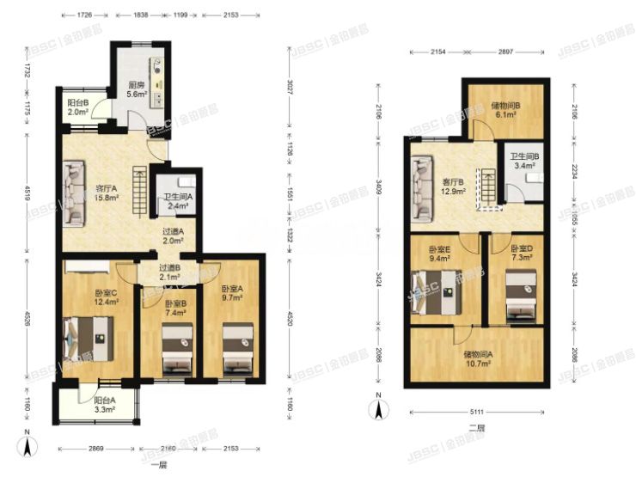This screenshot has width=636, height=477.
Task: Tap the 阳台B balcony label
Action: click(x=76, y=107)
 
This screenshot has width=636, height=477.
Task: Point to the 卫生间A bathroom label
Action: click(x=178, y=201)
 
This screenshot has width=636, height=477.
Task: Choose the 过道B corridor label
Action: click(x=169, y=272)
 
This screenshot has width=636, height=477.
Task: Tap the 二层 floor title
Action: click(x=477, y=427)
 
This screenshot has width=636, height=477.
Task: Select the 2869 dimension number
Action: click(x=96, y=449)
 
